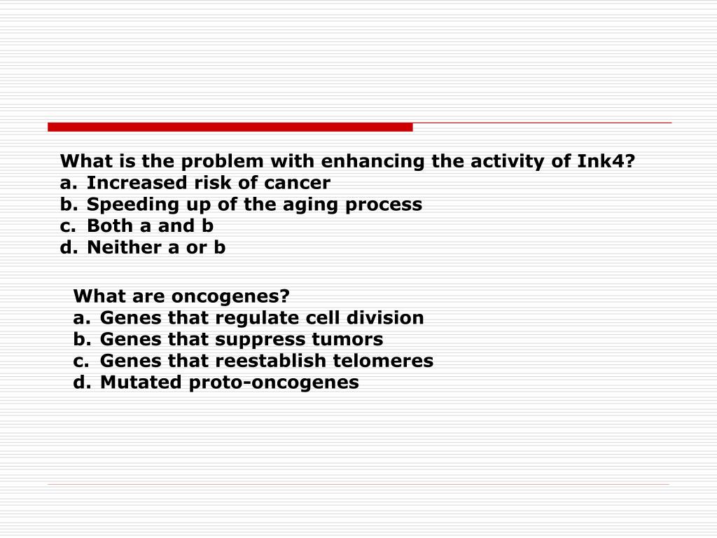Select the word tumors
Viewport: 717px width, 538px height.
click(347, 339)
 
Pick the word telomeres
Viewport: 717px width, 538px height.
click(383, 361)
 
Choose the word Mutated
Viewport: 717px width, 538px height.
click(141, 382)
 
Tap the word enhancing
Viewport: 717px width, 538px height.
click(373, 162)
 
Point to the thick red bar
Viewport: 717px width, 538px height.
click(230, 127)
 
